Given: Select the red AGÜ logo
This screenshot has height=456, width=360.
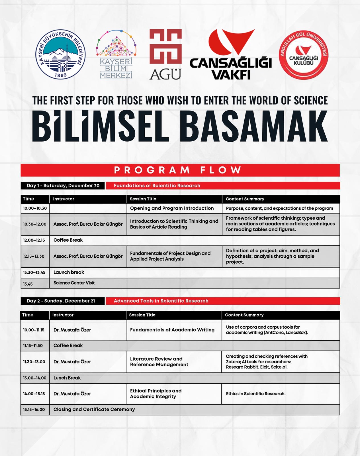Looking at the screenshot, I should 165,54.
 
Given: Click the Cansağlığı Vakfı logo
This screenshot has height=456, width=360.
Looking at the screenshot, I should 231,54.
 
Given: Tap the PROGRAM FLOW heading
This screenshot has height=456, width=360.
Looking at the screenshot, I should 178,170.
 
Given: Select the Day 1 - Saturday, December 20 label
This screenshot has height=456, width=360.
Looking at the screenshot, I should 63,186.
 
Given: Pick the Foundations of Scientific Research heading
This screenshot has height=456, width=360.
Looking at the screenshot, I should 157,186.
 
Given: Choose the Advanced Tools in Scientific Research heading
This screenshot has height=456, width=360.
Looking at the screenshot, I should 161,301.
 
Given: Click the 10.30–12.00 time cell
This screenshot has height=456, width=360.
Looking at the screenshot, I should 35,224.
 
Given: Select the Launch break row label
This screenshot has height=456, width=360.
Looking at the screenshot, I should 69,272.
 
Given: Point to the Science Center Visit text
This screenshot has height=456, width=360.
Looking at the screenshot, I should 74,283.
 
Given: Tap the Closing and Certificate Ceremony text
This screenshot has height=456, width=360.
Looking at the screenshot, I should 94,410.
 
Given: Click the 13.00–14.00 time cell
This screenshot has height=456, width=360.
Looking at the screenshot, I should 35,378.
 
